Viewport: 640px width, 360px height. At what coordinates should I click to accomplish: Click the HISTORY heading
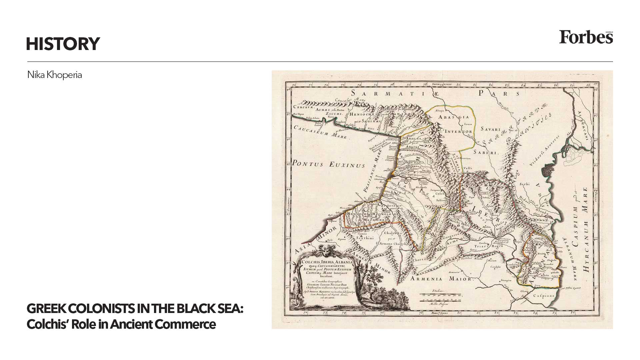(x=63, y=44)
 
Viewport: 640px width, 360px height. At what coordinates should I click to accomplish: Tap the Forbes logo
(x=586, y=37)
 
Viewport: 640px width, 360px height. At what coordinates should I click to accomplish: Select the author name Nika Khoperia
(x=55, y=75)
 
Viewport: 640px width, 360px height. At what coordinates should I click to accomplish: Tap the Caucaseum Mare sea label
(x=320, y=132)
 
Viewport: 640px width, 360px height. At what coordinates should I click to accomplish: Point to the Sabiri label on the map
(x=489, y=153)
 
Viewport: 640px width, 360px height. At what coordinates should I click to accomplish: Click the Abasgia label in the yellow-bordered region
(x=454, y=117)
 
